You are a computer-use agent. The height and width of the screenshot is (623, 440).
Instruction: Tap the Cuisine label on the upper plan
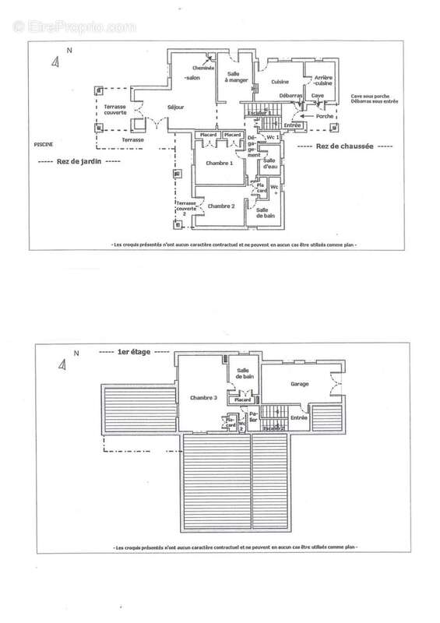pos(280,82)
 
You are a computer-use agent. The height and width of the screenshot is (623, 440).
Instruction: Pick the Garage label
pos(300,385)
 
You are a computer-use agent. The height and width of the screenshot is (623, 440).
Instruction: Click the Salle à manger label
pos(235,76)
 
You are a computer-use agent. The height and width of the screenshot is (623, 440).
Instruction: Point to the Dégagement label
pos(254,145)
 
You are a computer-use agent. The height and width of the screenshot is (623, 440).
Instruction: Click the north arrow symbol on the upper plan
pos(54,62)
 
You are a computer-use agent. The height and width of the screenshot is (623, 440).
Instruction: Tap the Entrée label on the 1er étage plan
pos(299,418)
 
